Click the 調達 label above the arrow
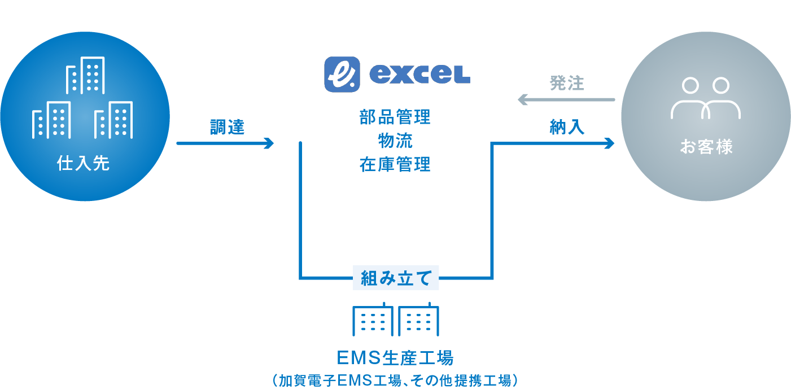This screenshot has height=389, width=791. click(x=227, y=127)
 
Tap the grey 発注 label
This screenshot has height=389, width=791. click(x=567, y=84)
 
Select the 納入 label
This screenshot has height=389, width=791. click(x=567, y=127)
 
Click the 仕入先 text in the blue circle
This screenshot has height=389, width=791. click(x=84, y=163)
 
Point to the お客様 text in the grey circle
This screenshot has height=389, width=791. click(x=706, y=146)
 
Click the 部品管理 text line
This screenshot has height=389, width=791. click(x=395, y=117)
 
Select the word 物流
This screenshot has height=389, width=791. click(x=395, y=141)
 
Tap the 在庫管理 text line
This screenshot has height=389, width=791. click(x=395, y=164)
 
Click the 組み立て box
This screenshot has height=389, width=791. click(x=396, y=278)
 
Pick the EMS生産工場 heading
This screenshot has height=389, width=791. click(x=395, y=357)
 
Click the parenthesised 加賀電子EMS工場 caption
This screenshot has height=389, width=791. click(x=395, y=381)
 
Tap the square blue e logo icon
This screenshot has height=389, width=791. click(x=342, y=75)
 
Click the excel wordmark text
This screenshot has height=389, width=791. click(x=420, y=75)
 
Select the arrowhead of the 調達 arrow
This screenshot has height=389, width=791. click(x=269, y=143)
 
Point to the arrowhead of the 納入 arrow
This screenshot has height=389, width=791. click(x=609, y=143)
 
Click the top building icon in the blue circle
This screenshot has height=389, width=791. click(x=85, y=75)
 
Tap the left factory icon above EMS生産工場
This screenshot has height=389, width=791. click(x=373, y=319)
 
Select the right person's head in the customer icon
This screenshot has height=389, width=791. click(x=721, y=86)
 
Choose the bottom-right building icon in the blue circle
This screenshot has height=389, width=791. click(x=113, y=120)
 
